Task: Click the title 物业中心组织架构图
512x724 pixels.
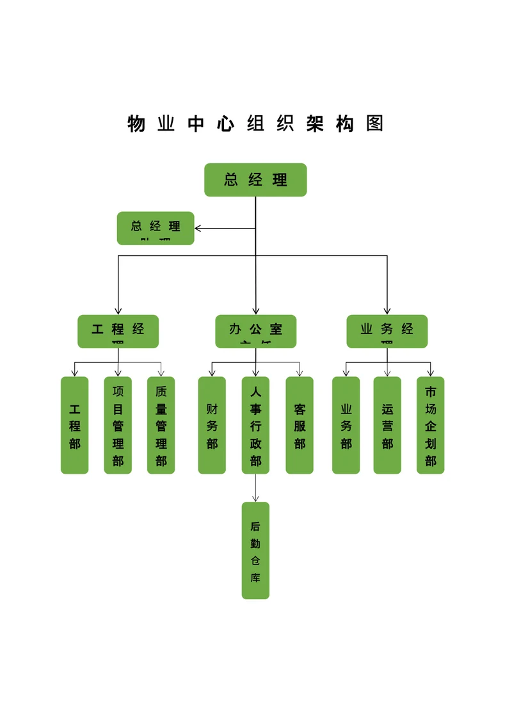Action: [255, 124]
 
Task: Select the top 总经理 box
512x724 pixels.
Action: [255, 180]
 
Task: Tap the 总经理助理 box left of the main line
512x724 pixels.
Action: [156, 228]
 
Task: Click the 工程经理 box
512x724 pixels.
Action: [118, 331]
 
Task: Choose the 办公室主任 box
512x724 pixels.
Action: [255, 331]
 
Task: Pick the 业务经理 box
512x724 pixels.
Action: [387, 331]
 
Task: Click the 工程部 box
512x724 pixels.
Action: [75, 425]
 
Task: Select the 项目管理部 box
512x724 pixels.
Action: [118, 425]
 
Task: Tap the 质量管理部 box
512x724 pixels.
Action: [161, 425]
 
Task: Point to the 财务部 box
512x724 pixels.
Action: [212, 425]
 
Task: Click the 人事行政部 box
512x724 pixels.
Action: [255, 425]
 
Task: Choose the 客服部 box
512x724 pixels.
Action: [300, 425]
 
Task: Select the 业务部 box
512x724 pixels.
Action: [346, 425]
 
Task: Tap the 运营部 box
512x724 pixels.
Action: [387, 425]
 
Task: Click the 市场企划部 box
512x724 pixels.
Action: [431, 425]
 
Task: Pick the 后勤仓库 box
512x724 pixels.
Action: [255, 551]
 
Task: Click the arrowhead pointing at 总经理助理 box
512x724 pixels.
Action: [198, 228]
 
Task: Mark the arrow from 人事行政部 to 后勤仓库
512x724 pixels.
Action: [255, 488]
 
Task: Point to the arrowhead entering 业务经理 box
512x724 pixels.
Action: [387, 310]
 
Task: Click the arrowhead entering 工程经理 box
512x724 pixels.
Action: [118, 310]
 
